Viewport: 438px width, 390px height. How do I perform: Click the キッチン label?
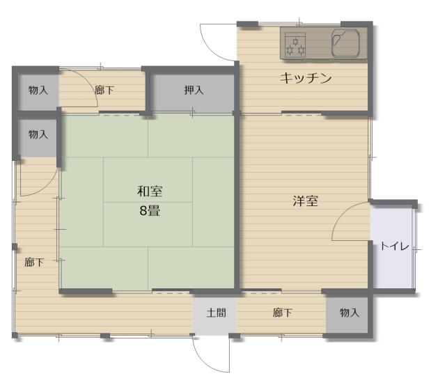306,78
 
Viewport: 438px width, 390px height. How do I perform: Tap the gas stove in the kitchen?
295,44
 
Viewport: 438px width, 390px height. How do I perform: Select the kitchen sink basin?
345,43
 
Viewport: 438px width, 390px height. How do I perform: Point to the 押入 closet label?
194,91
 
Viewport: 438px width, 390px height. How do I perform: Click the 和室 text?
150,192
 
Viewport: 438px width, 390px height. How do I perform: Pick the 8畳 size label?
150,210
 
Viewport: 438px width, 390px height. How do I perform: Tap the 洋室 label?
305,201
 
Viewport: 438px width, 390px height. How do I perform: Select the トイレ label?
394,246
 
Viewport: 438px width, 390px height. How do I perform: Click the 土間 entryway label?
216,313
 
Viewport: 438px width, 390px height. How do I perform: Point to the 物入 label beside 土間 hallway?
349,313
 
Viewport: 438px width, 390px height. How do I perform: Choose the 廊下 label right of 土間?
282,313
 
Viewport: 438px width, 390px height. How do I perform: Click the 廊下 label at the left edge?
34,263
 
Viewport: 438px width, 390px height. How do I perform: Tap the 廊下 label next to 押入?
104,91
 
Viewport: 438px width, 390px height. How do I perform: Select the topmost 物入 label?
38,91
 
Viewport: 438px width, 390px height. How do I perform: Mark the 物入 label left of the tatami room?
38,134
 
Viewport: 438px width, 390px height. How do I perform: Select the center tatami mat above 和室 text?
148,180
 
